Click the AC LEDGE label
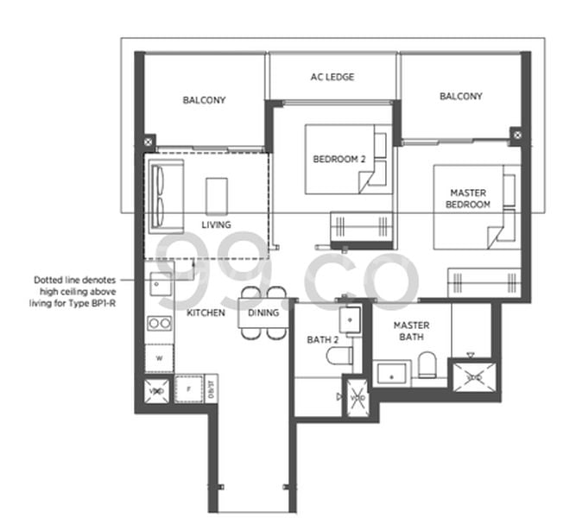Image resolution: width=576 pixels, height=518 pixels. [332, 77]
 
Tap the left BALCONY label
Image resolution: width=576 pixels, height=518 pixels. [204, 100]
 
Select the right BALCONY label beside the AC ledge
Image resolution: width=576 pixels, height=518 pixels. [460, 97]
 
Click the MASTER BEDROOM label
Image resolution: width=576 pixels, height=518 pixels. [470, 198]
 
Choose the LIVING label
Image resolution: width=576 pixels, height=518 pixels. [216, 224]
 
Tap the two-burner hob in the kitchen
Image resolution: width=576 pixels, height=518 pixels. [160, 323]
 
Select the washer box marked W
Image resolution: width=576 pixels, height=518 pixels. [159, 357]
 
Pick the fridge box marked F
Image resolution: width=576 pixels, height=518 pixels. [187, 388]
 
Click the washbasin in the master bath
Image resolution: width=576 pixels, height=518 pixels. [392, 373]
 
